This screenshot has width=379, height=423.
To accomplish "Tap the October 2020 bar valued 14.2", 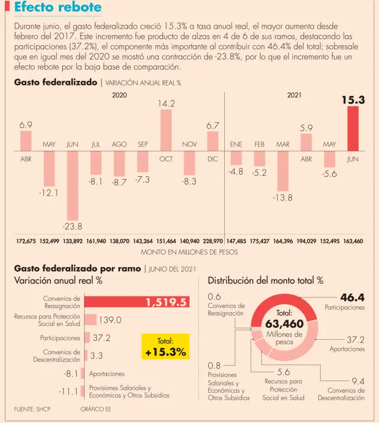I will click(166, 131).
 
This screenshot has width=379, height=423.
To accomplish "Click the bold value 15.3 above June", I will click(353, 100).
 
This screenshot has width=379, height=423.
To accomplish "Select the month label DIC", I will click(213, 159).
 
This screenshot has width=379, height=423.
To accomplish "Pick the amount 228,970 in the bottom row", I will click(213, 241).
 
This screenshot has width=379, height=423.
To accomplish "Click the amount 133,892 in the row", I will click(73, 241).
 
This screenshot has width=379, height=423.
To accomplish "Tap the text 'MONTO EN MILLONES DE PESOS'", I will click(189, 252).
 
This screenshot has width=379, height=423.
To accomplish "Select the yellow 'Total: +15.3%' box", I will click(165, 346).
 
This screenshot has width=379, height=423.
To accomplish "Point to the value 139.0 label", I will click(110, 319).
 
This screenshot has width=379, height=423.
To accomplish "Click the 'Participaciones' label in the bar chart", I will click(60, 338).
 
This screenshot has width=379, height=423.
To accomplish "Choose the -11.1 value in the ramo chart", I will click(69, 392).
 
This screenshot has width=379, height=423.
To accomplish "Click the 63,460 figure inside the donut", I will click(284, 323).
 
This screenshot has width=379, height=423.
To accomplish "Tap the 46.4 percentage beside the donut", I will click(353, 297).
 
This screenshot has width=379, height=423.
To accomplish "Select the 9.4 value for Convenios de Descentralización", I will click(358, 381).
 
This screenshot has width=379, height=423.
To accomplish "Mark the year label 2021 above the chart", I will click(294, 95).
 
